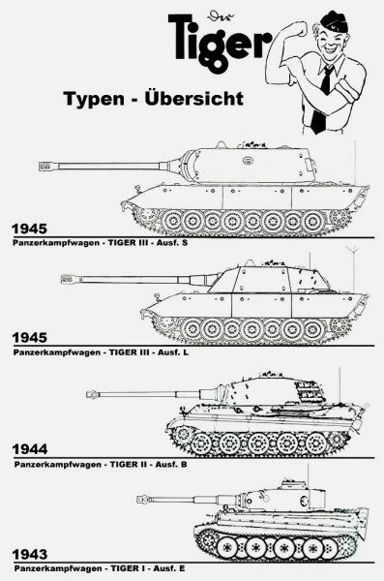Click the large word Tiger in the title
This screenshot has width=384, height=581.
220,41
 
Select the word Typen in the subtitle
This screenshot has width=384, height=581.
94,100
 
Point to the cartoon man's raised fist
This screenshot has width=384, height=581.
299,29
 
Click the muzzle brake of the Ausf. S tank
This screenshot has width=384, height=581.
45,167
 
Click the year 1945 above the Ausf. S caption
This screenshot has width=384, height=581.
30,229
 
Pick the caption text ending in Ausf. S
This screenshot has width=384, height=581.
101,243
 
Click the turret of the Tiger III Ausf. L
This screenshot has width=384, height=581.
269,278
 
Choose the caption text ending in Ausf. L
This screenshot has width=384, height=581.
101,352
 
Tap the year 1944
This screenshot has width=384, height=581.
30,449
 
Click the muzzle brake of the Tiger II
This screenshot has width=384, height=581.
92,394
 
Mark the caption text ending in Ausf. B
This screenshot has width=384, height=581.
101,464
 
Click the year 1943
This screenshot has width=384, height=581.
30,554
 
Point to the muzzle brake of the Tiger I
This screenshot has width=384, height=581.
142,500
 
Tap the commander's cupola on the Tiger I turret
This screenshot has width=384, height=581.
292,484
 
